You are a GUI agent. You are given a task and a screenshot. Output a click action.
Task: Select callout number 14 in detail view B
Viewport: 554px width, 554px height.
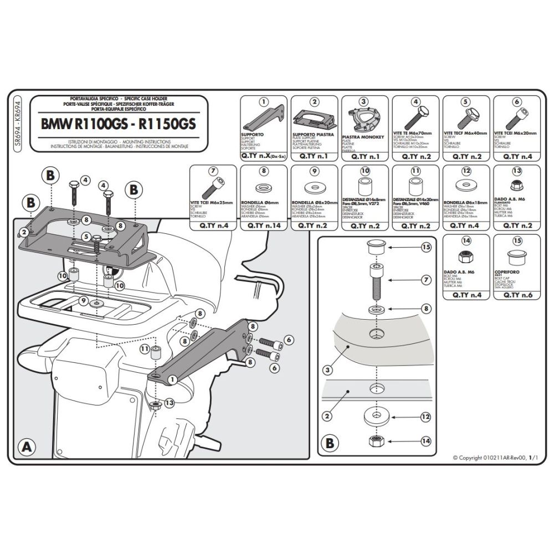(x=425, y=442)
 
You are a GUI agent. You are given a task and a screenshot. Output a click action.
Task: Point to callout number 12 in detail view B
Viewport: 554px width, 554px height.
(x=425, y=416)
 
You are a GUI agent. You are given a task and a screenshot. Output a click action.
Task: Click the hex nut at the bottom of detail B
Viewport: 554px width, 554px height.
(x=376, y=442)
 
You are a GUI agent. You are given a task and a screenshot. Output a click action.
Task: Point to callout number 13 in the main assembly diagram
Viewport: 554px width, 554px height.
(x=169, y=403)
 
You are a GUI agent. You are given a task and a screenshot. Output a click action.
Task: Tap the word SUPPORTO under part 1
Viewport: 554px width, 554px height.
(x=252, y=135)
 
